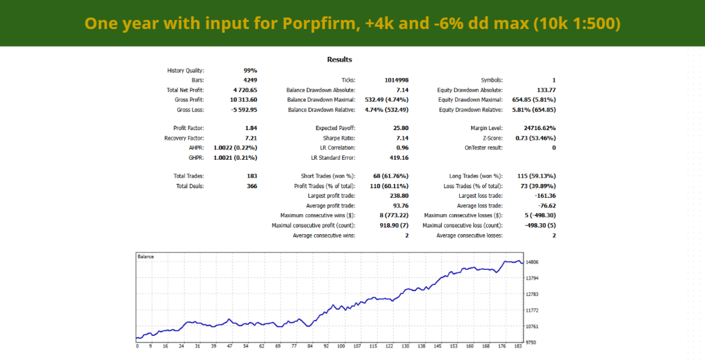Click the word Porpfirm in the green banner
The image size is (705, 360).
coord(314,24)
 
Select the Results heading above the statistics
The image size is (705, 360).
coord(339,59)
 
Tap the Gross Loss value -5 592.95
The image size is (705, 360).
coord(243,110)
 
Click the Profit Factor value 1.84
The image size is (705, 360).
coord(250,128)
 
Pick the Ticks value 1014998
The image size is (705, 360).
coord(396,80)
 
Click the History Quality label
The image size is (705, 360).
coord(185,70)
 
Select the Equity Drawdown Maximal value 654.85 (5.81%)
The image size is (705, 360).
coord(531,100)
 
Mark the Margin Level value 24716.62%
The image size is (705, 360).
coord(540,128)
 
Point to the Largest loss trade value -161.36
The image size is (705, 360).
coord(545,196)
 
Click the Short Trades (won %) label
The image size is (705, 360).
coord(327,176)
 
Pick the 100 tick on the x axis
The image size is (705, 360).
coord(341,347)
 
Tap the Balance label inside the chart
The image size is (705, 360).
coord(146,257)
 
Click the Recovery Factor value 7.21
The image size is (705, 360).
coord(250,138)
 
